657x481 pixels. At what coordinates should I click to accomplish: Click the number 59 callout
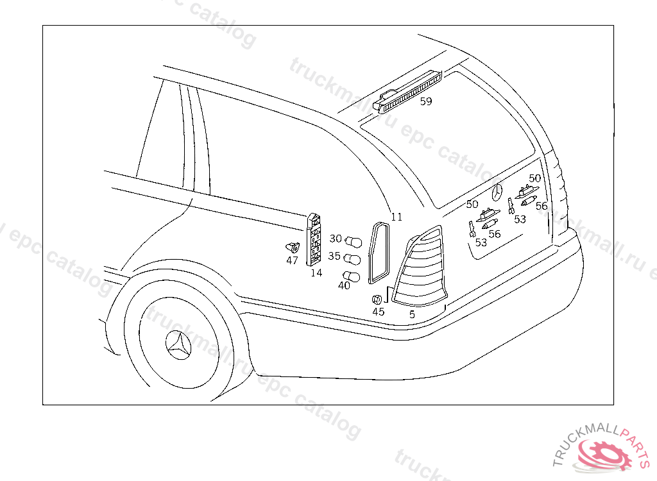pos(426,101)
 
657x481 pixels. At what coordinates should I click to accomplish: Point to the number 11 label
pos(397,217)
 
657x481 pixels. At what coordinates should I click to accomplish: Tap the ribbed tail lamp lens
pos(420,266)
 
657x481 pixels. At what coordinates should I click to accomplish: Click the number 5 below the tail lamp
pos(412,314)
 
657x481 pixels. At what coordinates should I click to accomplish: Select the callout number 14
pos(316,273)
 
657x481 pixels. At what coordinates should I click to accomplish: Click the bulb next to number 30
pos(354,242)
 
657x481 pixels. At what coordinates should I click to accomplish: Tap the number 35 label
pos(334,256)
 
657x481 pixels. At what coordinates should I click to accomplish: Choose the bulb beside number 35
pos(354,260)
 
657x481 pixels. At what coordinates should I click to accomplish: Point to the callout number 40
pos(344,286)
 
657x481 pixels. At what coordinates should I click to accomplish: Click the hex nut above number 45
pos(378,300)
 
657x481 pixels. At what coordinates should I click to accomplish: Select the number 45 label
pos(379,312)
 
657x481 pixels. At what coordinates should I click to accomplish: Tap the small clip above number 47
pos(293,246)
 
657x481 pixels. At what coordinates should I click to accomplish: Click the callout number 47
pos(293,260)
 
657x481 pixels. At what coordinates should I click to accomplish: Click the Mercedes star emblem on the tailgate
pos(499,192)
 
